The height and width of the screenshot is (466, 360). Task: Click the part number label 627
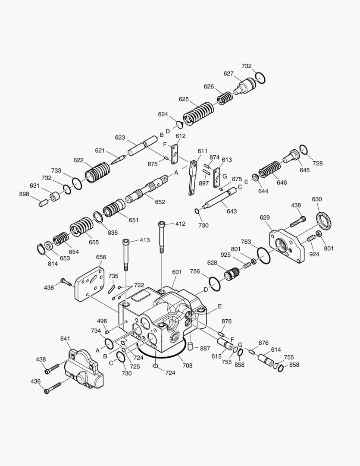click(229, 73)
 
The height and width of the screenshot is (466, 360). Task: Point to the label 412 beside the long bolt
click(180, 224)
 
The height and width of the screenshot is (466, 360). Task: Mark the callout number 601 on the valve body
click(177, 272)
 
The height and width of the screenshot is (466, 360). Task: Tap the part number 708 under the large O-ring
click(188, 365)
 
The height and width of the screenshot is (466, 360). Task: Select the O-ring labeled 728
click(303, 149)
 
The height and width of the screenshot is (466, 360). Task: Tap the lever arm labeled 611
click(192, 177)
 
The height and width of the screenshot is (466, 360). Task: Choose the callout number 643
click(232, 211)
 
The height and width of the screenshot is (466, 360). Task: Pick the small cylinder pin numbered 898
click(43, 203)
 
